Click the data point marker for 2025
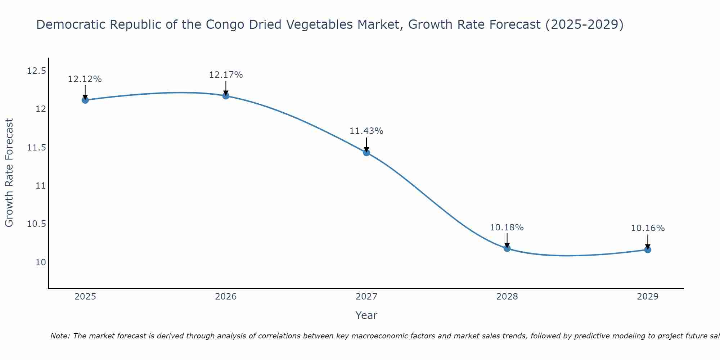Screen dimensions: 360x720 [x=85, y=100]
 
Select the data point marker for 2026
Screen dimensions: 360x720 [x=226, y=96]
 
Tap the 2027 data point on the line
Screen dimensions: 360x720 [x=366, y=152]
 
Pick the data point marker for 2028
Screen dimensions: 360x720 [x=507, y=248]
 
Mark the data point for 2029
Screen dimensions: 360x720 [x=648, y=249]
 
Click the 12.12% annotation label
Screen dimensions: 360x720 [x=85, y=79]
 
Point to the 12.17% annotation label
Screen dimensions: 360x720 [x=226, y=75]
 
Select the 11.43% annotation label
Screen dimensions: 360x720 [x=366, y=131]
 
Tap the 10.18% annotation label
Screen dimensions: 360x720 [x=507, y=228]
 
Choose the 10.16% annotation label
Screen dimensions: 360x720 [x=648, y=228]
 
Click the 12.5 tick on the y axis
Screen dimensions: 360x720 [x=37, y=71]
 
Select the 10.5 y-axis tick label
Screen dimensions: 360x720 [x=37, y=224]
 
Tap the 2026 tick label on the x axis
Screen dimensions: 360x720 [x=226, y=297]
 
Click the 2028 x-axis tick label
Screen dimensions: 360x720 [x=507, y=297]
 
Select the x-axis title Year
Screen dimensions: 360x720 [x=366, y=315]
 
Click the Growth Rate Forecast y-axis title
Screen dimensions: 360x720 [x=9, y=172]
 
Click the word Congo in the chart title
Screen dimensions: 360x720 [x=221, y=24]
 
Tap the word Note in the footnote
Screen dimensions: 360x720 [x=60, y=336]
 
